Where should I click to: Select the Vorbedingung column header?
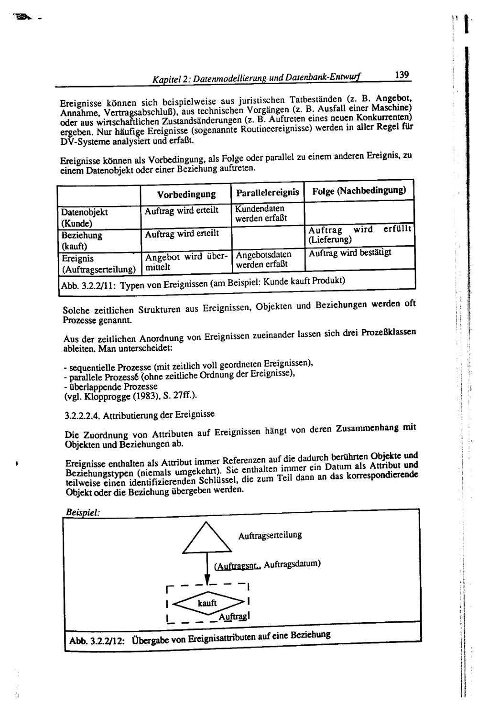pyautogui.click(x=186, y=195)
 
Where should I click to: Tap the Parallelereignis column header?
pyautogui.click(x=267, y=193)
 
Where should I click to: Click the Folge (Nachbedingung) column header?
pyautogui.click(x=359, y=191)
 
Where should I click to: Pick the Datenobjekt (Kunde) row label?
pyautogui.click(x=85, y=217)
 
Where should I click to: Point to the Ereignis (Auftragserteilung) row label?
pyautogui.click(x=98, y=264)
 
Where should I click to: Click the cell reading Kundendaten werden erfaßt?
pyautogui.click(x=261, y=214)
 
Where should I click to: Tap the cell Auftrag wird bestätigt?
pyautogui.click(x=349, y=252)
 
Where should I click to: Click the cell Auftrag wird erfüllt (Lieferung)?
pyautogui.click(x=359, y=234)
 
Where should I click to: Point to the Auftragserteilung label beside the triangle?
pyautogui.click(x=270, y=535)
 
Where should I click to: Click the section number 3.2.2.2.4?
pyautogui.click(x=81, y=415)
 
